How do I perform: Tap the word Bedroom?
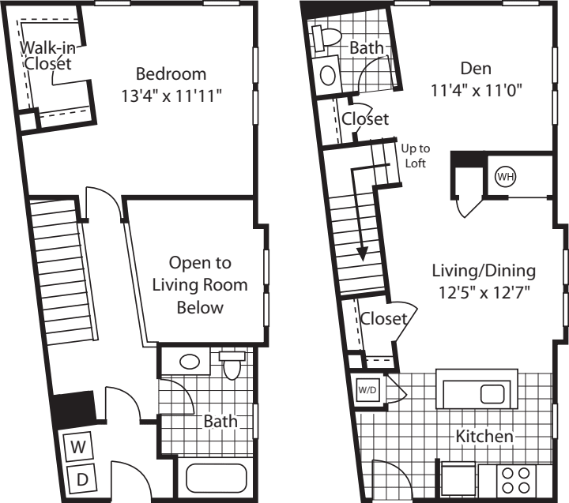tap(171, 74)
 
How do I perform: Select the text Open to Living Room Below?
tap(200, 284)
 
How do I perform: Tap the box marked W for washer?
tap(78, 446)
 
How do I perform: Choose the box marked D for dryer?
tap(81, 477)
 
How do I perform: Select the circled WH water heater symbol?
tap(503, 177)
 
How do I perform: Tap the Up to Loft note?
tap(415, 156)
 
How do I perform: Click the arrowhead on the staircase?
tap(362, 253)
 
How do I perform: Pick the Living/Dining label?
tap(483, 271)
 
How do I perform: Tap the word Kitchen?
tap(484, 436)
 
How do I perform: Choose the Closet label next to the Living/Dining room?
tap(383, 319)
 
